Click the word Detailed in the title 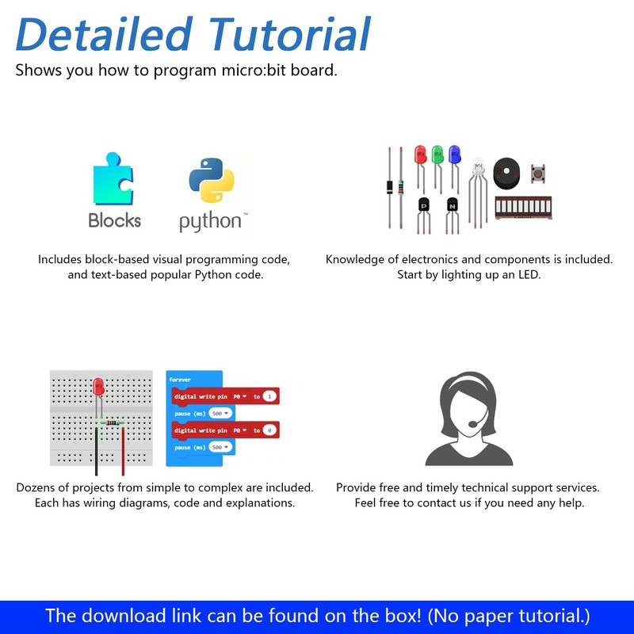pyautogui.click(x=103, y=36)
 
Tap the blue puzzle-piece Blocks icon pyautogui.click(x=113, y=178)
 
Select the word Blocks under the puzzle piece pyautogui.click(x=115, y=220)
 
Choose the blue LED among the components pyautogui.click(x=454, y=154)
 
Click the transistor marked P pyautogui.click(x=423, y=204)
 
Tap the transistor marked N pyautogui.click(x=453, y=204)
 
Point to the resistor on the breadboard pyautogui.click(x=113, y=422)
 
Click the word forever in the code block pyautogui.click(x=181, y=380)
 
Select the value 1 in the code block pyautogui.click(x=270, y=395)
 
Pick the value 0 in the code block pyautogui.click(x=270, y=430)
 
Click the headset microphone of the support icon pyautogui.click(x=472, y=424)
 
